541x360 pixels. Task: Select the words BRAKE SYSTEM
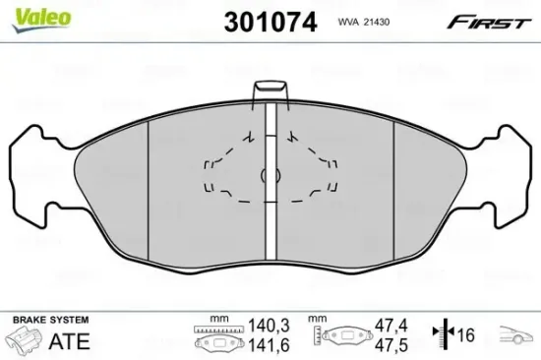[50, 321]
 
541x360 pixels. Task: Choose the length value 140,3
[262, 324]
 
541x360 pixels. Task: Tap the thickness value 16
[467, 333]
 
